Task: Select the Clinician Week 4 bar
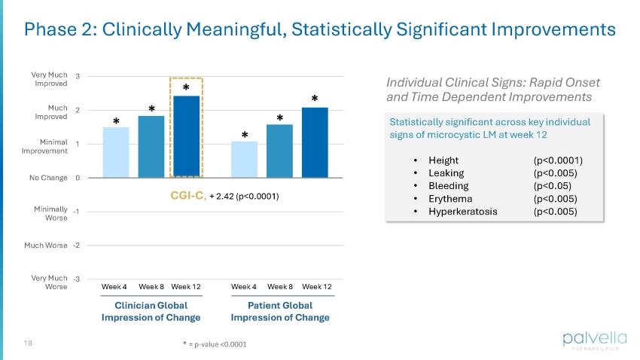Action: click(115, 153)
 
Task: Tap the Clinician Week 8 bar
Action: click(151, 147)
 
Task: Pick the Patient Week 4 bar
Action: click(244, 160)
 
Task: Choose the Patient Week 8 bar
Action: click(279, 151)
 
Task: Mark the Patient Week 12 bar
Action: click(315, 143)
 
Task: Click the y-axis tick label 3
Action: click(79, 76)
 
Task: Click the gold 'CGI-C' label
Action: click(186, 197)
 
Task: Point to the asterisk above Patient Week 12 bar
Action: click(315, 99)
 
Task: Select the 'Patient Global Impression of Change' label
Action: click(280, 312)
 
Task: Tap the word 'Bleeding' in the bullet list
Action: click(448, 185)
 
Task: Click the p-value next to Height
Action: click(557, 160)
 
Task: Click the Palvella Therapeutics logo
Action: click(590, 340)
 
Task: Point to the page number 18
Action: click(29, 343)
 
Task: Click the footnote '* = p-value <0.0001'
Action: click(214, 344)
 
